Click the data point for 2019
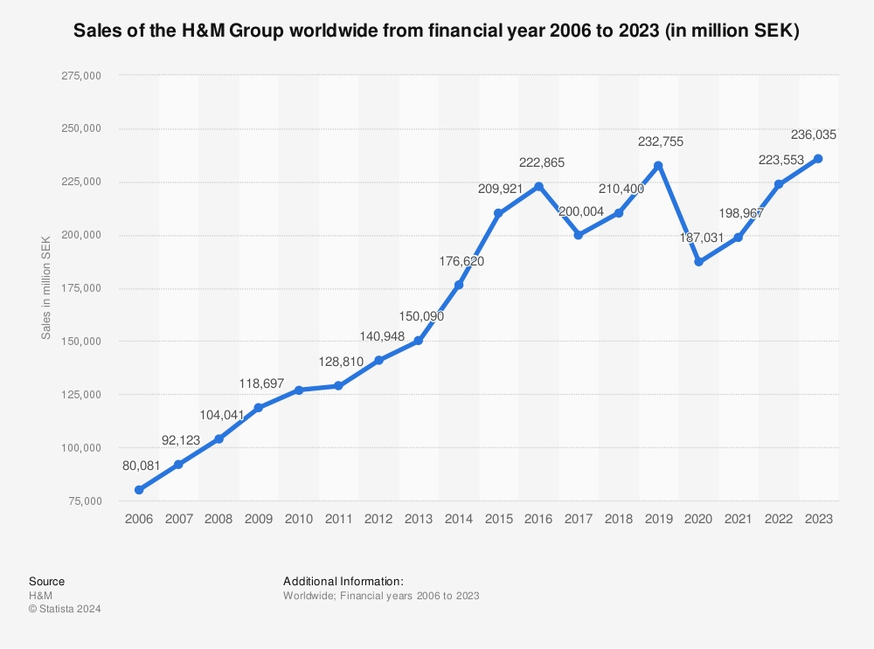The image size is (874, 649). pyautogui.click(x=658, y=166)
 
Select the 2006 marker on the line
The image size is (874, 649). pyautogui.click(x=139, y=490)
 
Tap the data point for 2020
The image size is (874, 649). pyautogui.click(x=698, y=262)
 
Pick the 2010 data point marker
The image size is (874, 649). pyautogui.click(x=299, y=390)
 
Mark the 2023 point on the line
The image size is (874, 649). pyautogui.click(x=818, y=158)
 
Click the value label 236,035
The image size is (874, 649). pyautogui.click(x=814, y=135)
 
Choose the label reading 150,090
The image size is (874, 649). pyautogui.click(x=418, y=316)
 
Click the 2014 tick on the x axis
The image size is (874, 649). pyautogui.click(x=459, y=519)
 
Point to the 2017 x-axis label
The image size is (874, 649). pyautogui.click(x=579, y=519)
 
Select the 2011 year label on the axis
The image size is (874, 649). pyautogui.click(x=339, y=519)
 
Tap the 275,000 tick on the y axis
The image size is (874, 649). pyautogui.click(x=79, y=76)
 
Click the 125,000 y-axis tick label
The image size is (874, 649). pyautogui.click(x=79, y=395)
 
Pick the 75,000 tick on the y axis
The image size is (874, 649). pyautogui.click(x=82, y=501)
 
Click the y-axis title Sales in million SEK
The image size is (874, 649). pyautogui.click(x=46, y=288)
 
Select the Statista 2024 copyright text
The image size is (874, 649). pyautogui.click(x=65, y=609)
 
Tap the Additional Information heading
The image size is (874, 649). pyautogui.click(x=343, y=581)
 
